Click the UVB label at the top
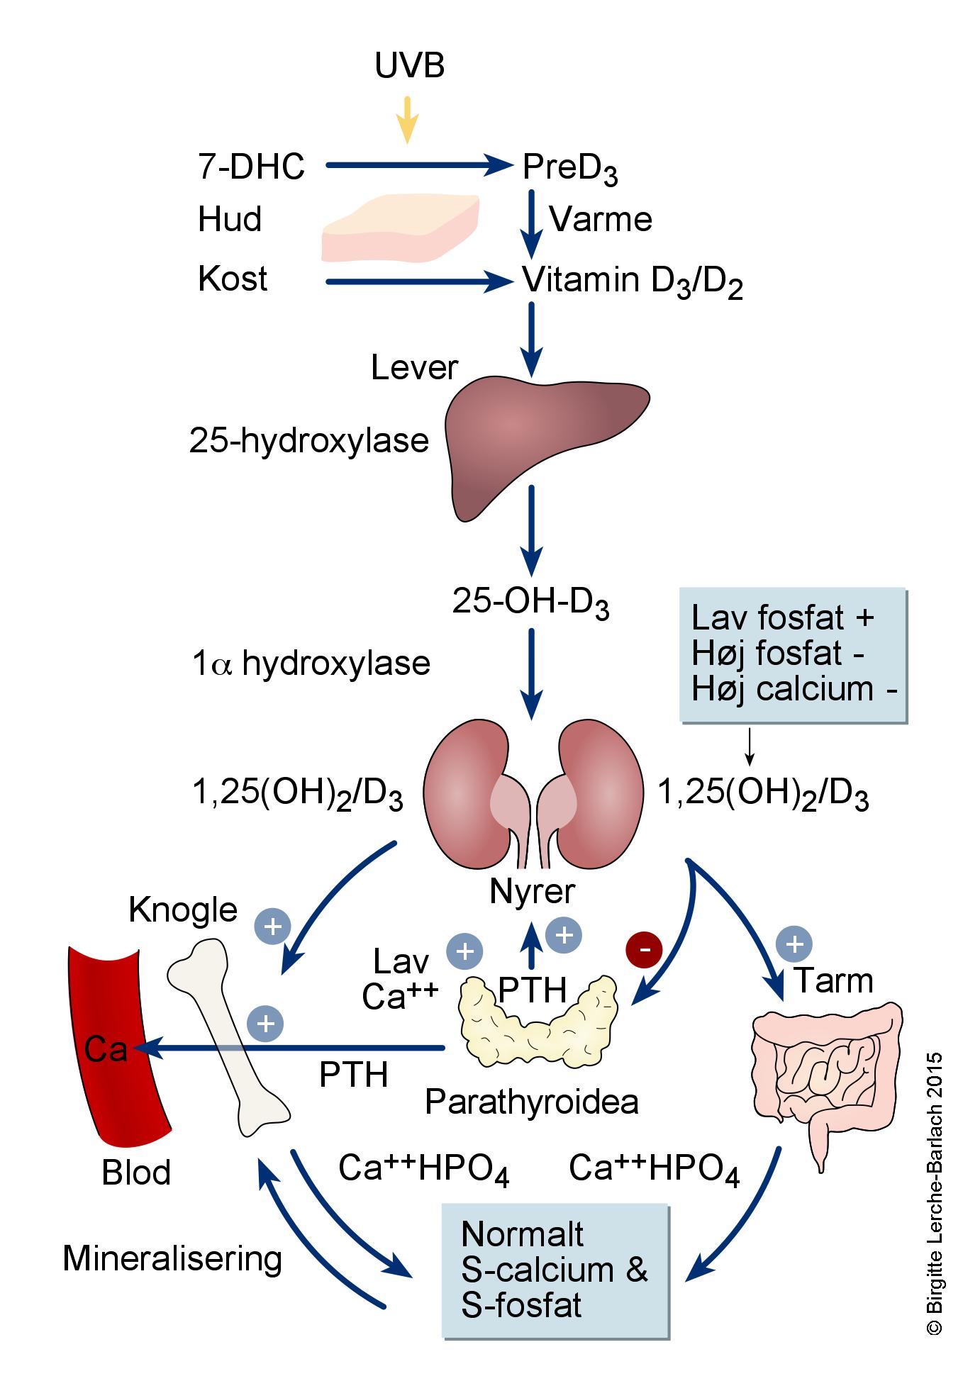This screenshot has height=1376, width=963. coord(409,66)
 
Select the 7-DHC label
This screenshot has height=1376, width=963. coord(251,167)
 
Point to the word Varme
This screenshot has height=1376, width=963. coord(601,219)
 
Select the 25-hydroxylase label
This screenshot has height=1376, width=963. coord(308,440)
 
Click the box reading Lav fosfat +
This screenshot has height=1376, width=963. coord(793,655)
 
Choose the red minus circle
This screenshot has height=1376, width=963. coord(644,948)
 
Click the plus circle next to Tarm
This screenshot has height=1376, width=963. coord(794,944)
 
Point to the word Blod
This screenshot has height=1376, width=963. coord(136,1173)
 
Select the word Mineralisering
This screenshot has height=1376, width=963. coord(172,1259)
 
